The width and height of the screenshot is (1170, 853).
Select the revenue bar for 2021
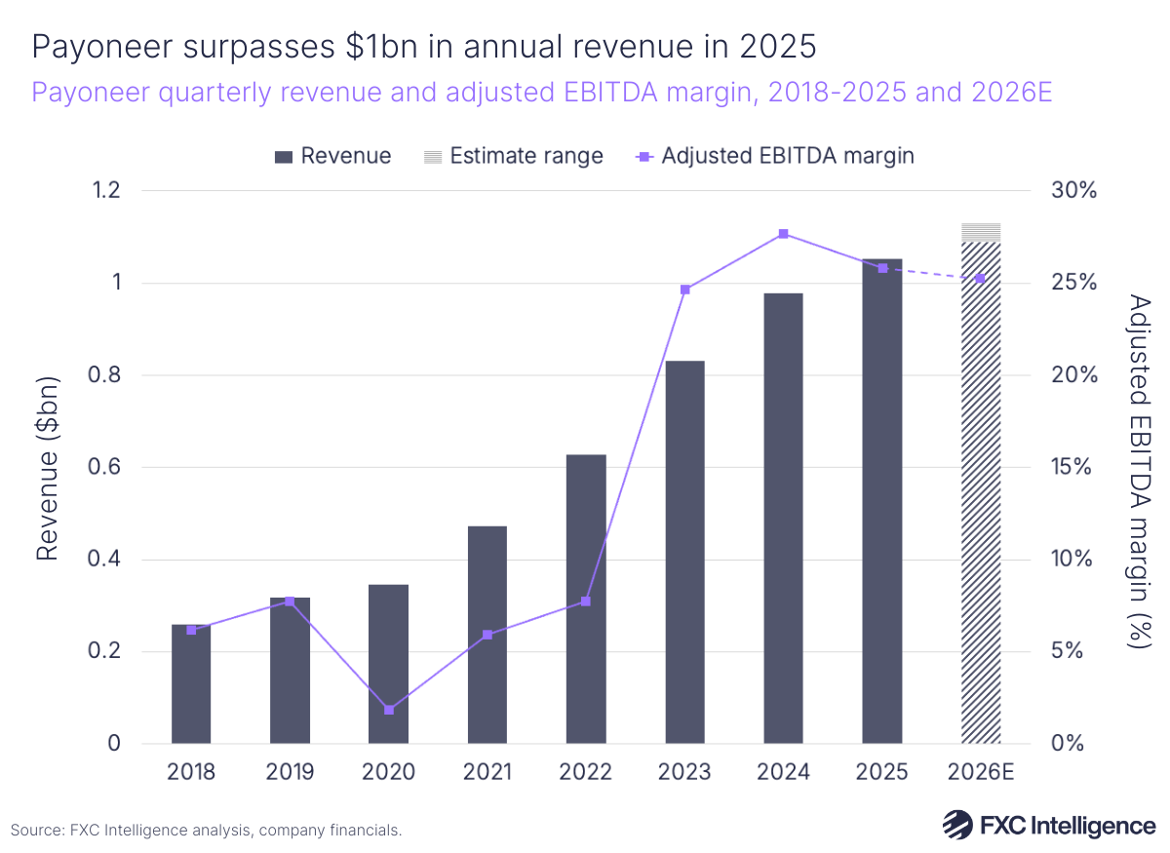pos(487,635)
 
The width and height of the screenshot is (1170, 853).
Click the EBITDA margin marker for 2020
pos(389,710)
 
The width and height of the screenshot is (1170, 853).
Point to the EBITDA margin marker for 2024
pos(783,234)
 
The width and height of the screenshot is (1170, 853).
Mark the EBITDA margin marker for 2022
pos(586,601)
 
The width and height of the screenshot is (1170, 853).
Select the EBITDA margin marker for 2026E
pos(981,279)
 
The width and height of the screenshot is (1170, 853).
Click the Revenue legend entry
pos(333,156)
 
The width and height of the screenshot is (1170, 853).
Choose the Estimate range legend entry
pos(513,156)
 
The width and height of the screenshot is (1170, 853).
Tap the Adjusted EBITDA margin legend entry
pos(774,156)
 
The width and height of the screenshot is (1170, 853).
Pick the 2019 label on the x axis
pos(290,772)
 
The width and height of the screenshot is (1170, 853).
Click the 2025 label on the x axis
pos(882,772)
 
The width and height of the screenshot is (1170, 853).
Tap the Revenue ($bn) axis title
pos(48,467)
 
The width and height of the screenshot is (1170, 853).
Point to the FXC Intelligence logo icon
pos(957,825)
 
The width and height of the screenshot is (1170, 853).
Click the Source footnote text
pos(206,831)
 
